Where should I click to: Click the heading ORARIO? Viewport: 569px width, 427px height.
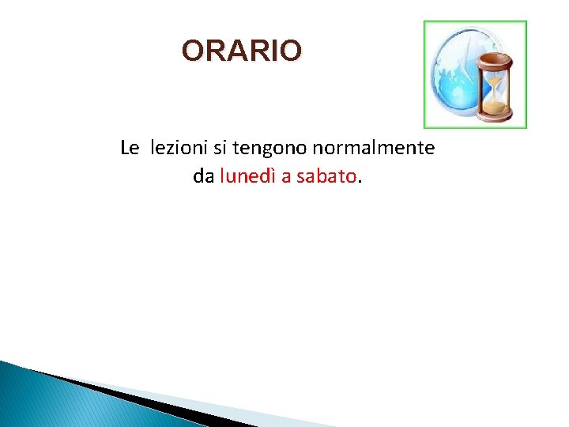[241, 51]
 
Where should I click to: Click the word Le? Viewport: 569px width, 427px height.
[130, 148]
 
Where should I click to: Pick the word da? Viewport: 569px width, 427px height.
[203, 177]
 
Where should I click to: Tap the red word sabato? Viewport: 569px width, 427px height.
[326, 177]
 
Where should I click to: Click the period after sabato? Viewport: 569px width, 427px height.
[360, 182]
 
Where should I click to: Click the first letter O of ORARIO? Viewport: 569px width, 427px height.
[192, 51]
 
